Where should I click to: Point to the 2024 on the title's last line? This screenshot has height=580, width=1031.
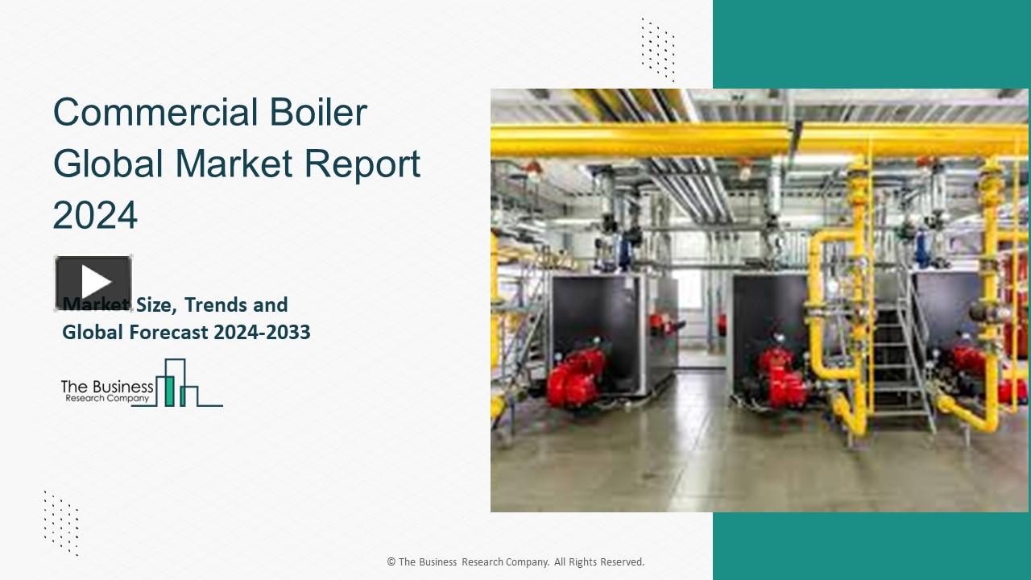[95, 215]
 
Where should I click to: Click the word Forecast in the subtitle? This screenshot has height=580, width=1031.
[167, 332]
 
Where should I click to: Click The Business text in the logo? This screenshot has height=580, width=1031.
[107, 387]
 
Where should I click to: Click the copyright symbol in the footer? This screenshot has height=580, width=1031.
[391, 562]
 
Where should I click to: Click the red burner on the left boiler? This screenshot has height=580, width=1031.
[575, 375]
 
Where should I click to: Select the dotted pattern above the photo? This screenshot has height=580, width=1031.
[658, 49]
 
